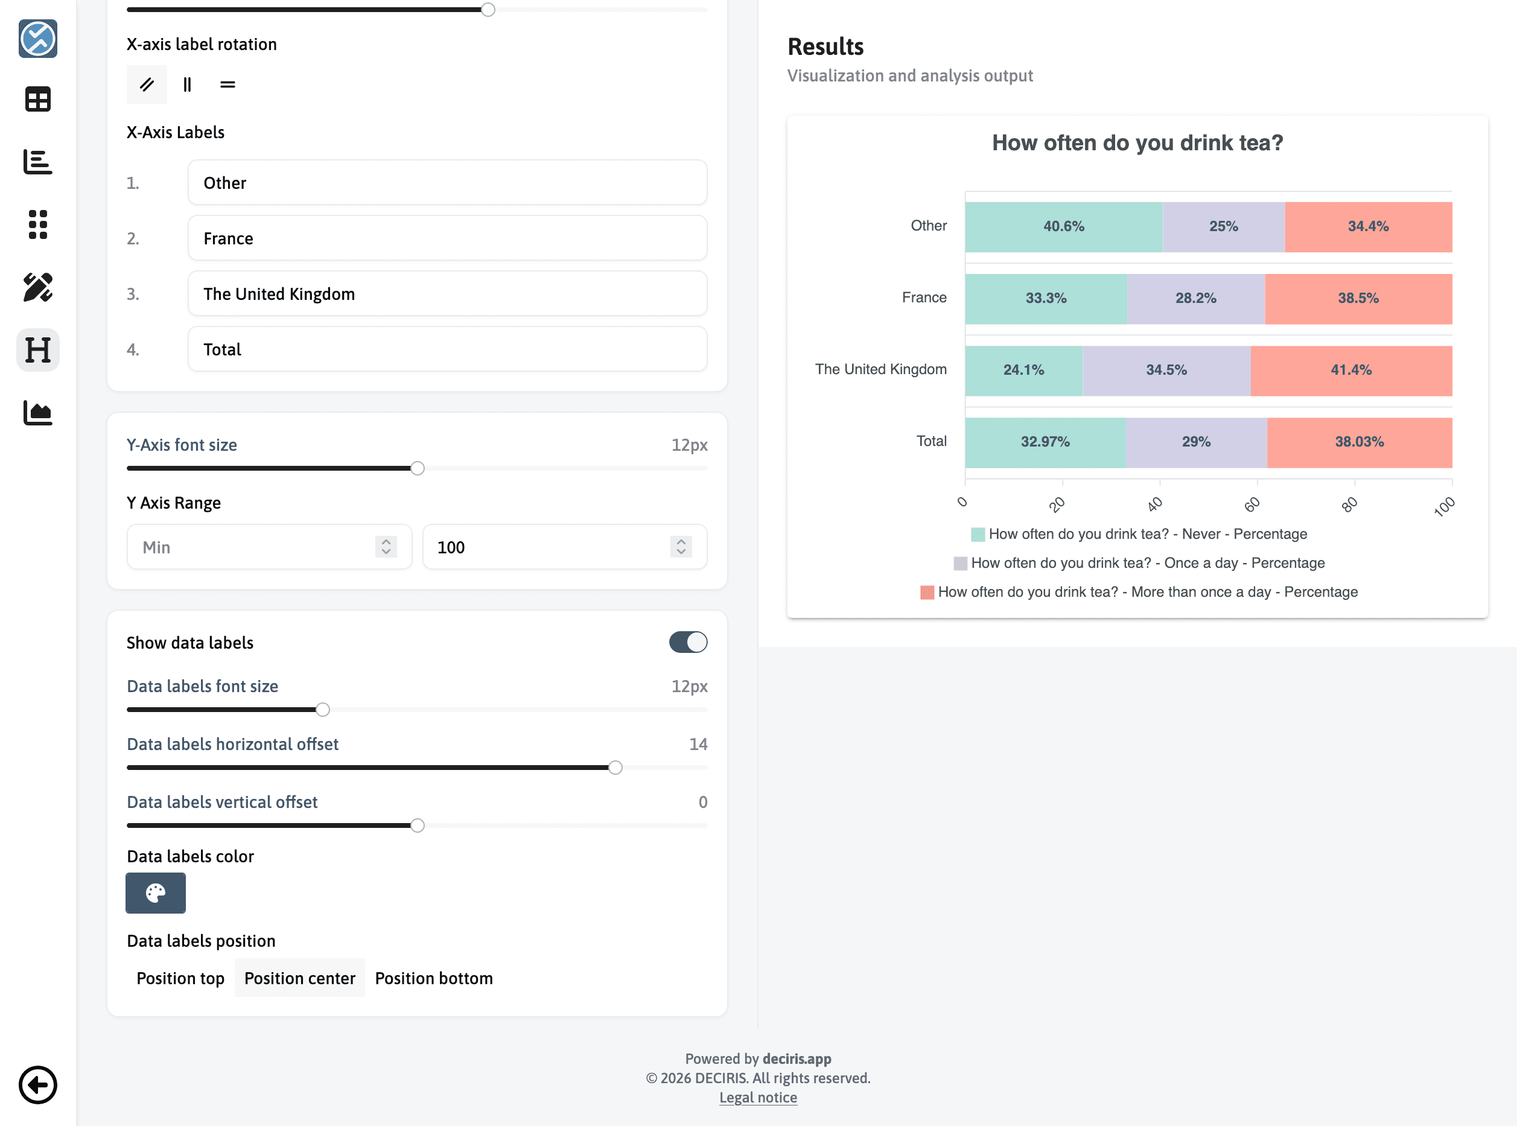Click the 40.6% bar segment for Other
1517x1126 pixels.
1063,227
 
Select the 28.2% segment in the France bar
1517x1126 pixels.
1195,299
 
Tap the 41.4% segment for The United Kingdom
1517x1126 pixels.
1350,370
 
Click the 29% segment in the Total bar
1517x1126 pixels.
1196,442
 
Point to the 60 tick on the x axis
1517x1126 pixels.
1252,504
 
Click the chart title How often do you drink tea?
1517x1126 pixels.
1137,143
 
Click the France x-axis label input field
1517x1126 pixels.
447,238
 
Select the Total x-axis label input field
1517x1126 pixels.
447,349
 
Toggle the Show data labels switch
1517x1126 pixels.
688,642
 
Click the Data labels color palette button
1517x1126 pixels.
155,893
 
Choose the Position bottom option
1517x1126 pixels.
433,978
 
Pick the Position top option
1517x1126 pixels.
180,978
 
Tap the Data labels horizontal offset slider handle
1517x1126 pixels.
615,768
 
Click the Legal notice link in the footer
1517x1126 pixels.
758,1098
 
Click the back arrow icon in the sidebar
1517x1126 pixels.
37,1084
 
